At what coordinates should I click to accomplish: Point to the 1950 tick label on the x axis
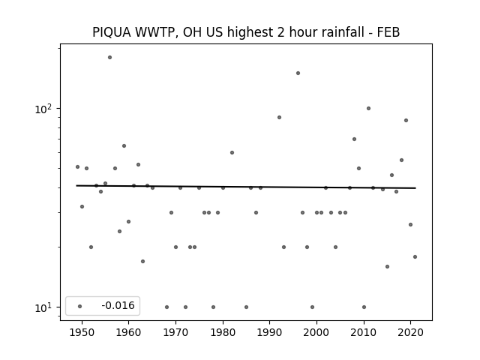tap(82, 332)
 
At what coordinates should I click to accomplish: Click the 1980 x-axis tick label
tap(223, 332)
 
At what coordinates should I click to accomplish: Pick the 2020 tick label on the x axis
tap(411, 332)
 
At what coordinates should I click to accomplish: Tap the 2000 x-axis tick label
tap(316, 332)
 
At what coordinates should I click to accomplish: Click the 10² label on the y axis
tap(43, 109)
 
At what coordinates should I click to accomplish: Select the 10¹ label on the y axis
tap(43, 307)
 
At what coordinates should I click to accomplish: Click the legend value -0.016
tap(118, 305)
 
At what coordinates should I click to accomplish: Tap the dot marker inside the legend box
tap(80, 306)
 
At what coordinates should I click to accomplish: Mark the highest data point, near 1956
tap(110, 57)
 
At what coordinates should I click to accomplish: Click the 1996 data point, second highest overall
tap(298, 73)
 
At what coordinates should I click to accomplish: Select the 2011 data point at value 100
tap(368, 108)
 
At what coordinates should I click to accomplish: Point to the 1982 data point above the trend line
tap(232, 152)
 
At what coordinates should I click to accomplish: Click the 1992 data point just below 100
tap(279, 117)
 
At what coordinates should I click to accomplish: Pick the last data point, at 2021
tap(415, 256)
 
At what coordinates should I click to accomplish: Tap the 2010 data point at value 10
tap(364, 307)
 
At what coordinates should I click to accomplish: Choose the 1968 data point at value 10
tap(166, 307)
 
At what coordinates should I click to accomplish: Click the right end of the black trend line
tap(415, 188)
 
